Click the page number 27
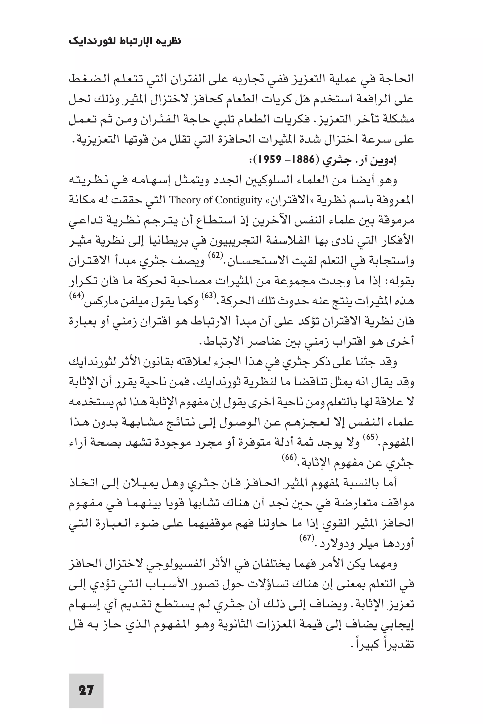tap(86, 690)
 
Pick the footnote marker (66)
tap(289, 457)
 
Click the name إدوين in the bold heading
tap(385, 160)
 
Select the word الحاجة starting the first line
tap(397, 79)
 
